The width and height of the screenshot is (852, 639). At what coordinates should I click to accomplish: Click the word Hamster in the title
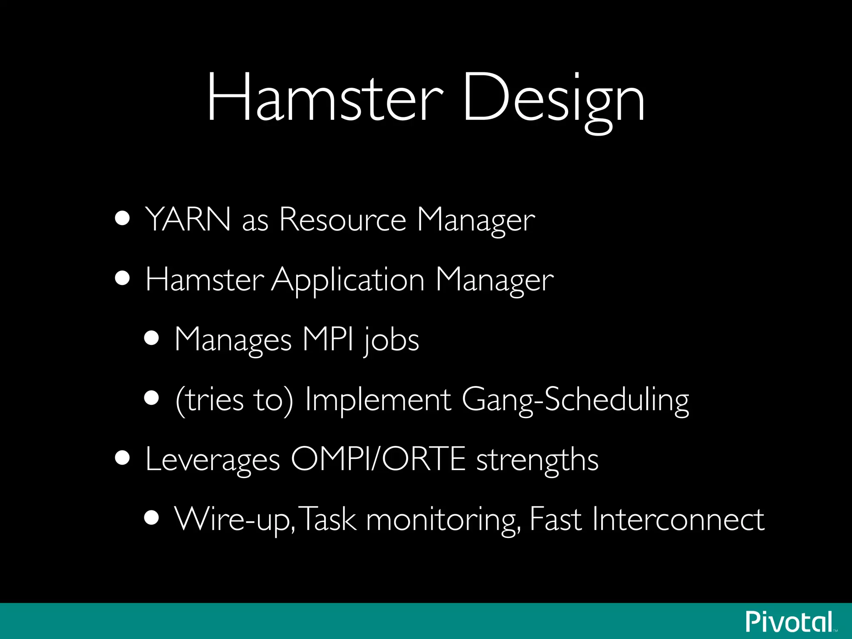coord(325,97)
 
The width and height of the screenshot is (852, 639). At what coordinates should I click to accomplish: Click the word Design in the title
coord(553,100)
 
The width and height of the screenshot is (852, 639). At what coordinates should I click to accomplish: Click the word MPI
coord(328,339)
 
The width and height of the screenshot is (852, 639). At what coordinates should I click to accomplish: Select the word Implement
coord(378,400)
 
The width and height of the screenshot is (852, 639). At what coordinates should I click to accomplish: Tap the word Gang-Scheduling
coord(575,400)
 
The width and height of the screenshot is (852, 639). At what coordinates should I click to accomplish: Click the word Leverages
coord(213,460)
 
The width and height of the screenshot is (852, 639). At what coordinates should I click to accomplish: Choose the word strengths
coord(537,460)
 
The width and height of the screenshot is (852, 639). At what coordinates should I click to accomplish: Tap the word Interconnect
coord(678,519)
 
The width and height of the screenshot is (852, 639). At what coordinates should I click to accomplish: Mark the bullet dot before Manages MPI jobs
coord(152,338)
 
